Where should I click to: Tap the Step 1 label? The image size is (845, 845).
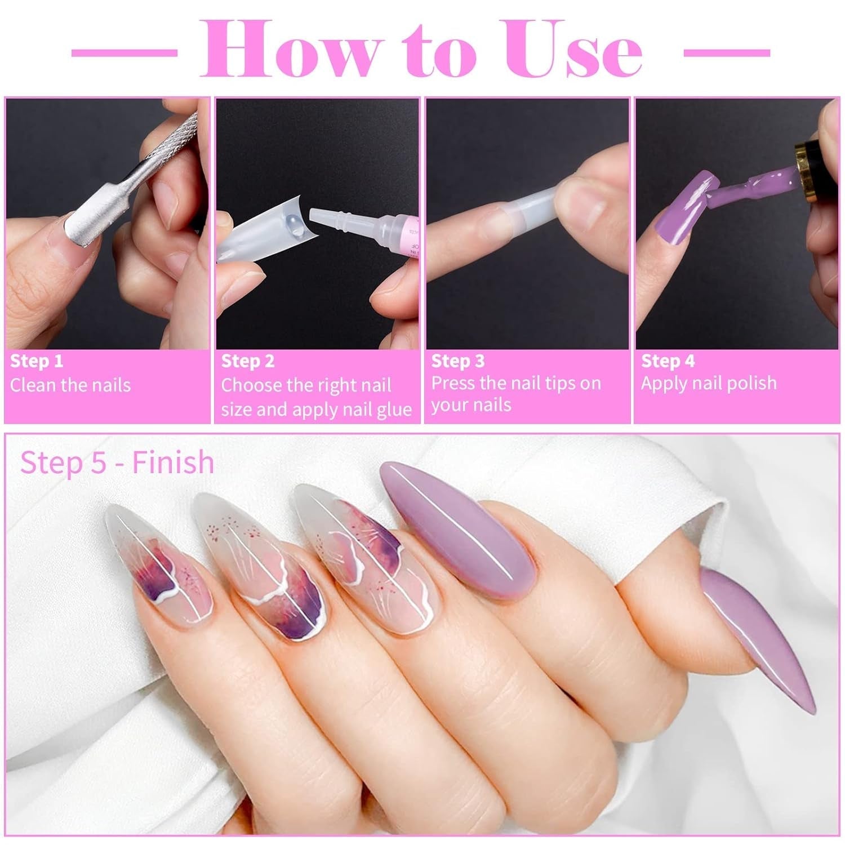(37, 361)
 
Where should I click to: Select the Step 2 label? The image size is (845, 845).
(247, 361)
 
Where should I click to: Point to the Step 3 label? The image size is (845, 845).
(457, 361)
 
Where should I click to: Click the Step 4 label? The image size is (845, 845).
(668, 361)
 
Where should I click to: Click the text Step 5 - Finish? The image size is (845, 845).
(117, 462)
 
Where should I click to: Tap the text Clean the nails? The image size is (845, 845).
(70, 385)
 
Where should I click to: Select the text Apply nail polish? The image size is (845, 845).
(709, 383)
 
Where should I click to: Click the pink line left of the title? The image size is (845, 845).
(124, 53)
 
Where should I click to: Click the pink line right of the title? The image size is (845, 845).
(726, 53)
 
